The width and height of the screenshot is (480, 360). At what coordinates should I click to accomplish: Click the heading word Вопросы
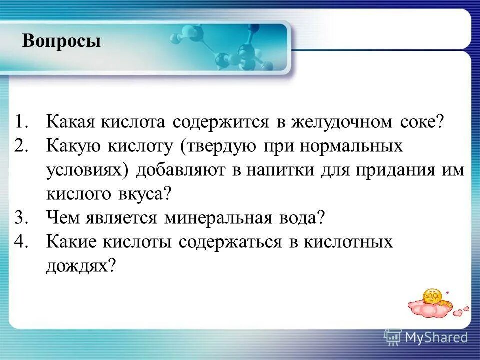tap(61, 41)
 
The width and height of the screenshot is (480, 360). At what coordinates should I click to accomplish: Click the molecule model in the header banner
tap(225, 52)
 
